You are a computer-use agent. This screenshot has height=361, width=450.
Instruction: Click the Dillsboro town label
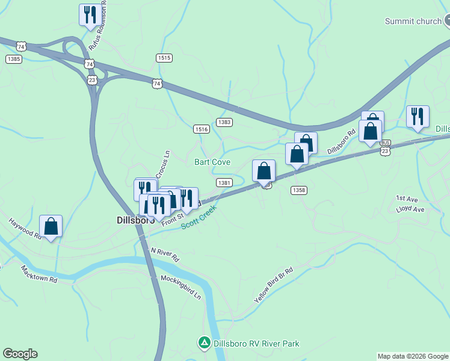135,221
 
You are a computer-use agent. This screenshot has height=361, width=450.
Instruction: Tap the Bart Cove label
212,162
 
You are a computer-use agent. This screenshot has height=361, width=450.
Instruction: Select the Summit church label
413,22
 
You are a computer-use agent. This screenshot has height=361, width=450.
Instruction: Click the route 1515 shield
164,58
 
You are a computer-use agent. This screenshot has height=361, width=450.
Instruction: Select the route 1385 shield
14,58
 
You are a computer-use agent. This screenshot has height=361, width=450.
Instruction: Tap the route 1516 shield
202,129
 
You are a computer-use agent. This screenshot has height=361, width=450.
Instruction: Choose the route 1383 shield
224,122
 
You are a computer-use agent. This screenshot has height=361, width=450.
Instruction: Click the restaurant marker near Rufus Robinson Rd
90,14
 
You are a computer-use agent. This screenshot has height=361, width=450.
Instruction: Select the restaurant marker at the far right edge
417,116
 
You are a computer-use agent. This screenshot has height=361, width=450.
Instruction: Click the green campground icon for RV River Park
204,344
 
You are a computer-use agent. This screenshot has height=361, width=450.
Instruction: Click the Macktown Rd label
39,274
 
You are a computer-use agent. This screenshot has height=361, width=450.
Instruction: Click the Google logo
20,354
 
